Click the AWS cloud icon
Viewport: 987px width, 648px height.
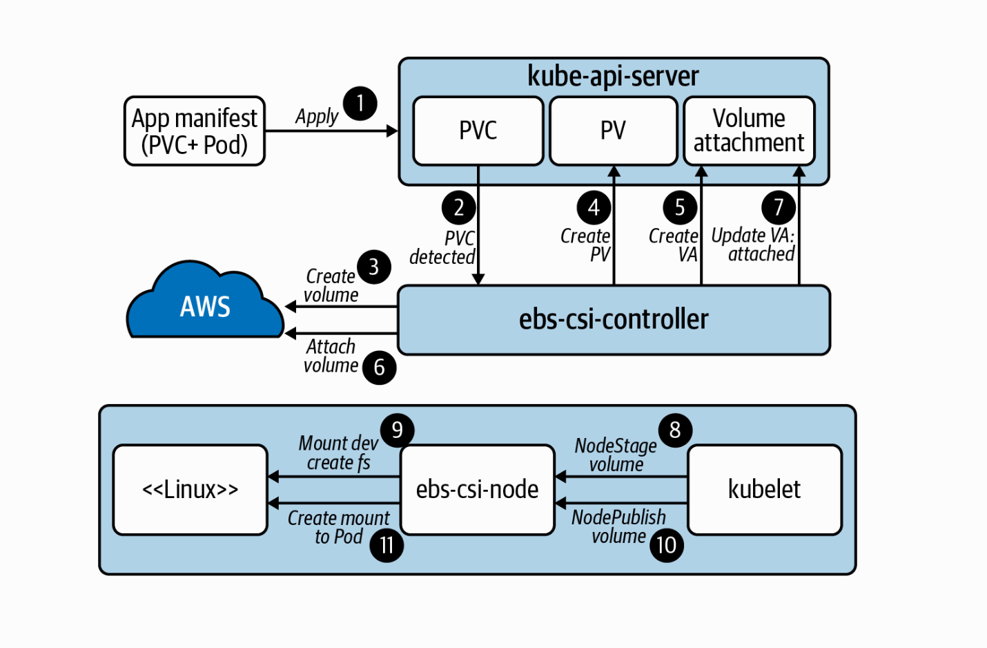[205, 303]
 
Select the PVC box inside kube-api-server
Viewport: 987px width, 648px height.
[478, 131]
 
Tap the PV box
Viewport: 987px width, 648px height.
[613, 131]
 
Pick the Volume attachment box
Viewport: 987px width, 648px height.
[749, 131]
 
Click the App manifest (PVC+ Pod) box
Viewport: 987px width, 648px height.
[195, 131]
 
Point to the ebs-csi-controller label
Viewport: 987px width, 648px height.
[614, 319]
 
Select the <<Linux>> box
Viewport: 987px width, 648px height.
[190, 490]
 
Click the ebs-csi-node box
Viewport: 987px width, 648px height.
[477, 490]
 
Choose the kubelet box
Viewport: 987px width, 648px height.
[764, 490]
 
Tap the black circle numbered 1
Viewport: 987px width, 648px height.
[360, 104]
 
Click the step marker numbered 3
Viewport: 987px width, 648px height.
[373, 267]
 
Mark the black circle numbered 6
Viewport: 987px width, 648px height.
[379, 368]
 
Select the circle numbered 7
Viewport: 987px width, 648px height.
[779, 207]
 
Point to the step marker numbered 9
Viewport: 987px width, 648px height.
[397, 430]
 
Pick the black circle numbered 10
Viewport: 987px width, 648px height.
[666, 545]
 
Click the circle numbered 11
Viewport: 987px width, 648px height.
[387, 545]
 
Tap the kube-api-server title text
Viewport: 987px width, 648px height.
[613, 76]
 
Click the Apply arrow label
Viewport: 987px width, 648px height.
[317, 116]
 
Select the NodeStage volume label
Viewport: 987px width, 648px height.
[616, 455]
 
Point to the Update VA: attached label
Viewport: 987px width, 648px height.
[753, 245]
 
